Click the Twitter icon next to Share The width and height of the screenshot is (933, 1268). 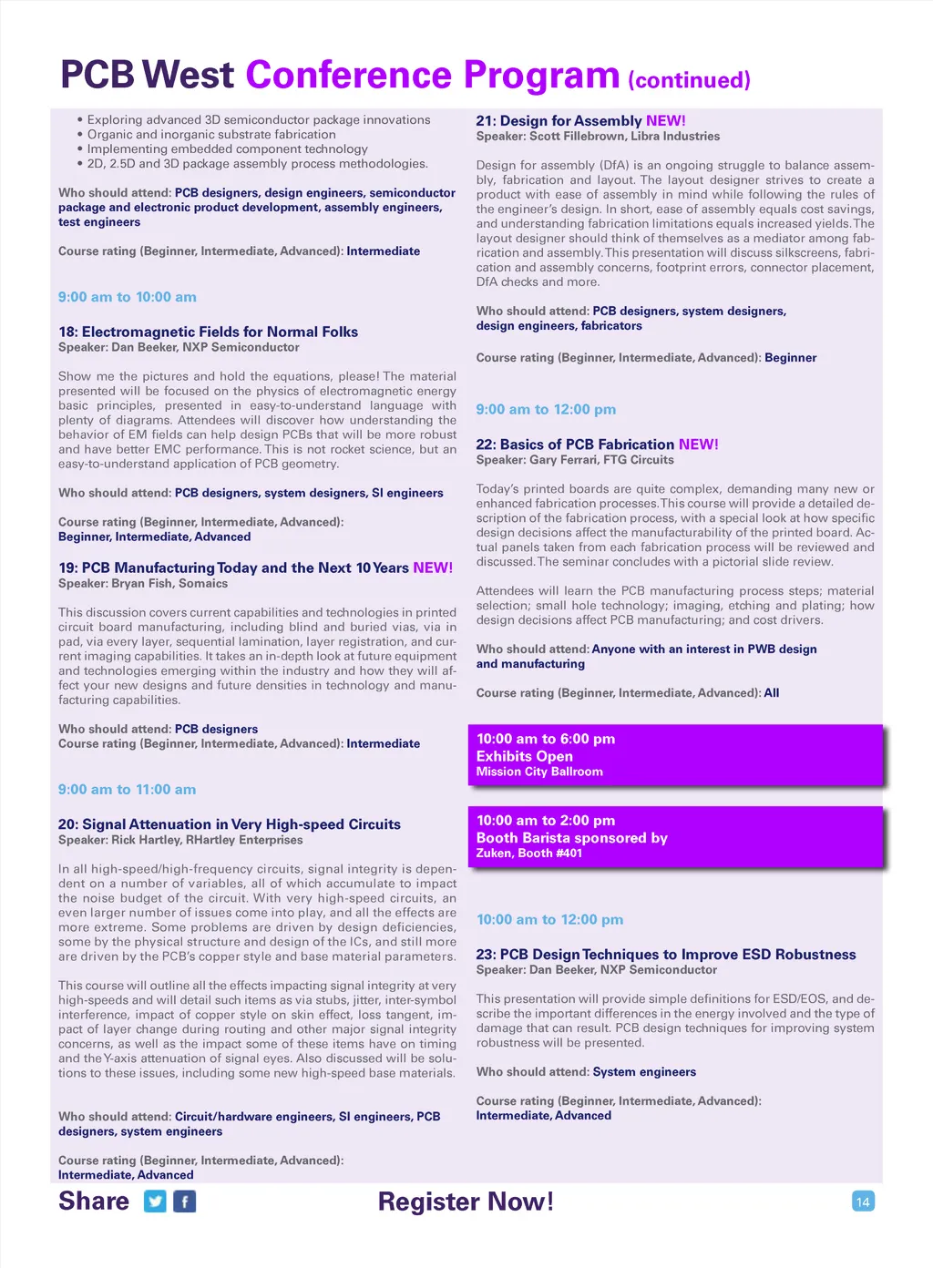(x=156, y=1202)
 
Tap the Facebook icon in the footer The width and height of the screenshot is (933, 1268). (x=184, y=1202)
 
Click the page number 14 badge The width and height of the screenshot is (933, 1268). (x=863, y=1202)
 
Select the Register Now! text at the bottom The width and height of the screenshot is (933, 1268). (x=466, y=1202)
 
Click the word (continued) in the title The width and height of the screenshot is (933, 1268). (x=689, y=80)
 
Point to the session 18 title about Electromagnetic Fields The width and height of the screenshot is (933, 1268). (x=208, y=332)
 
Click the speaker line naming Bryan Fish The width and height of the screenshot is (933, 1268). (x=143, y=583)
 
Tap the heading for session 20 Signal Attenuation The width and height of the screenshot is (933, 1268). (x=230, y=824)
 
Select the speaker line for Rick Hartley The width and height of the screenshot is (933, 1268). (x=180, y=840)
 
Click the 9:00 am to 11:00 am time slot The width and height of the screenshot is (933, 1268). (x=127, y=790)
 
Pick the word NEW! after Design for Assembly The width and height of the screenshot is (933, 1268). (x=666, y=120)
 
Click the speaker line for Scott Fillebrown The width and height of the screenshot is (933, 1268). (x=598, y=136)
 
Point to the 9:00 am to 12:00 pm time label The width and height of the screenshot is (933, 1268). (x=546, y=410)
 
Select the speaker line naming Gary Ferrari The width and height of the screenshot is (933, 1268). (x=575, y=460)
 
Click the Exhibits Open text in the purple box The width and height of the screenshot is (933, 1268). (x=525, y=756)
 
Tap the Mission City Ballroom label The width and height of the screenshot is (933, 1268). (x=539, y=772)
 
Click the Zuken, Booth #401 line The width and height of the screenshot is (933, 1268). (x=528, y=854)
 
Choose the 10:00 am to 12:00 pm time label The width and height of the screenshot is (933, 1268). (x=549, y=920)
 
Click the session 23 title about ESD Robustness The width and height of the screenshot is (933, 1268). (x=666, y=955)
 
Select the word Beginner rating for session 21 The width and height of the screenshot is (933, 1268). (x=791, y=358)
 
